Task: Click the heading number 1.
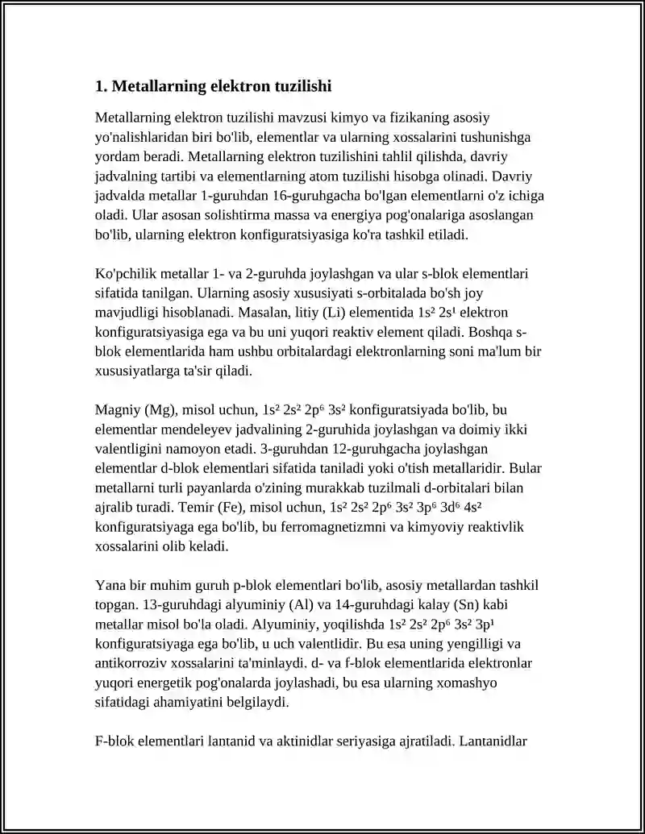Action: [x=100, y=86]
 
